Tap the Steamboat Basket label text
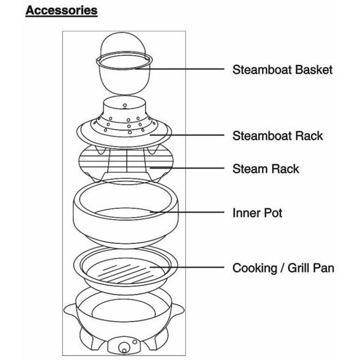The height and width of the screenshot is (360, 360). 282,69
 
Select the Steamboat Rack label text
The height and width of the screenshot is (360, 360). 277,136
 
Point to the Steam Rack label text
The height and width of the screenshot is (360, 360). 266,168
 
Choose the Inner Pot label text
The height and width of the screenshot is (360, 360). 257,214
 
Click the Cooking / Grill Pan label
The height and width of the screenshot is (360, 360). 283,268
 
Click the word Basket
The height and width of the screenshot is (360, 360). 313,69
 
